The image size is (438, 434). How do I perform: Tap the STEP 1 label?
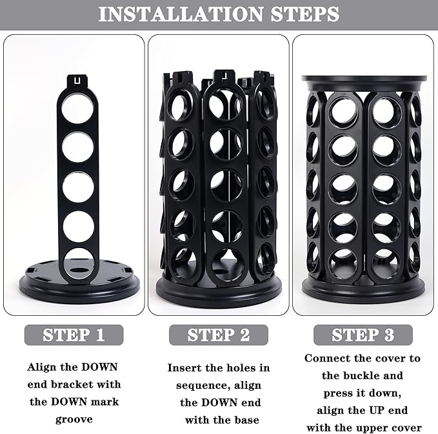point(74,335)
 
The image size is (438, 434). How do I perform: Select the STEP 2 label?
point(218,335)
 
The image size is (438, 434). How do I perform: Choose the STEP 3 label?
point(363,335)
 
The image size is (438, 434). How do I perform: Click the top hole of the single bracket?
point(77,109)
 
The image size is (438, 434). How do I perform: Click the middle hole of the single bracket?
point(77,187)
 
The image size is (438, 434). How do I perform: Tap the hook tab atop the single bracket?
point(77,81)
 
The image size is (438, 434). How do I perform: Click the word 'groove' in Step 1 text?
point(74,418)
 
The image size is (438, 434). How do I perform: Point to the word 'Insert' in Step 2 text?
point(187,367)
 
